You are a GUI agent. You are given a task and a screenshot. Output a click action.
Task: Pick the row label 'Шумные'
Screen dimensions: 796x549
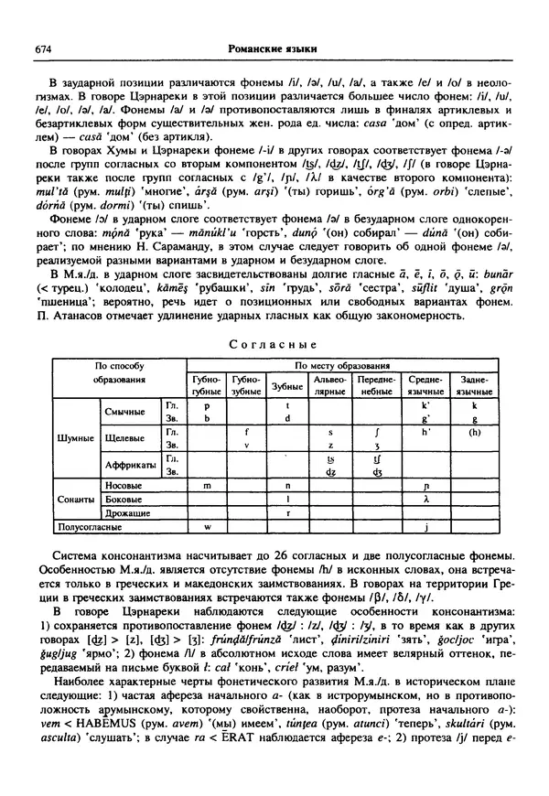pyautogui.click(x=76, y=438)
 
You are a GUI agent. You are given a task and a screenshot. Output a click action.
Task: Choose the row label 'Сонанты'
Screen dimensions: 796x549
pyautogui.click(x=76, y=500)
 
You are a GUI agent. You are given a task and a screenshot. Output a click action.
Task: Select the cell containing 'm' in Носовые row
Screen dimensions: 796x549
pyautogui.click(x=207, y=485)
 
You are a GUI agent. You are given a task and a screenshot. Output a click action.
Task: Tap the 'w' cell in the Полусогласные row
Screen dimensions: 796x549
pyautogui.click(x=207, y=528)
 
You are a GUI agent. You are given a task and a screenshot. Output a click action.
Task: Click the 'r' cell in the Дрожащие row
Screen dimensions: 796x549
pyautogui.click(x=287, y=514)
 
